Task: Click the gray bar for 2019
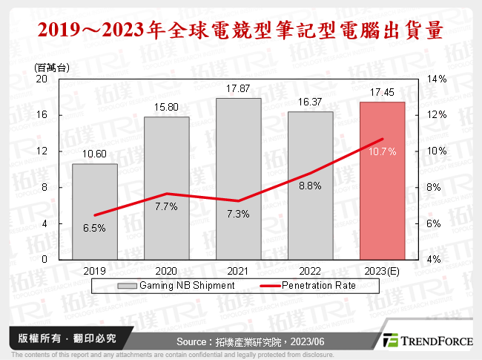94,212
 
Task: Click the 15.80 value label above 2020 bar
166,108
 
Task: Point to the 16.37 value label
310,102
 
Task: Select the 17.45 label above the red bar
382,93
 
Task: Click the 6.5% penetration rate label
94,229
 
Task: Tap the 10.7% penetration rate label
382,152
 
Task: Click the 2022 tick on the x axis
310,271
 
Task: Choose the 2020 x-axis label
166,271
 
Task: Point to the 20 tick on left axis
42,79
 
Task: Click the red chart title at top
241,30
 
